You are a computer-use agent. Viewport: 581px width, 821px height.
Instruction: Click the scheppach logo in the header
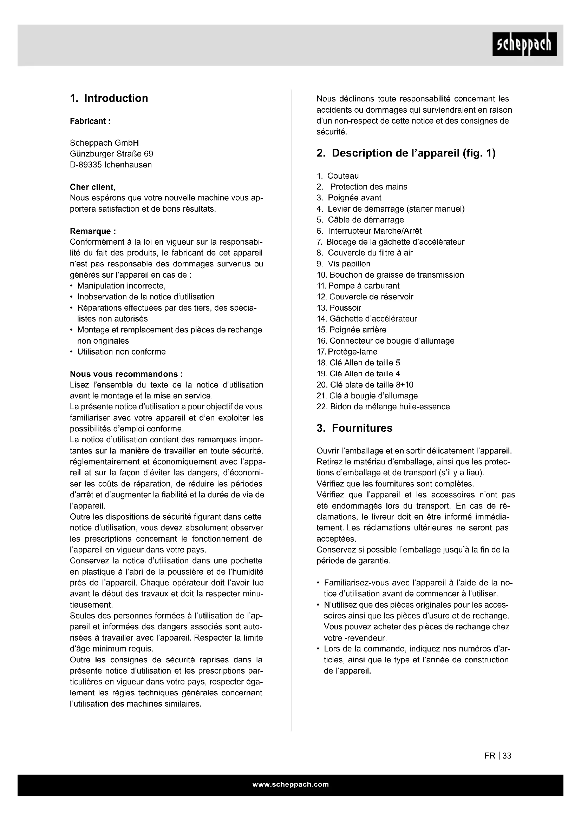point(524,44)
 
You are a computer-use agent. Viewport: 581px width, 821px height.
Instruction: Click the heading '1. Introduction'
point(109,98)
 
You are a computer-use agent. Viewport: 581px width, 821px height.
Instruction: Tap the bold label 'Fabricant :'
point(90,121)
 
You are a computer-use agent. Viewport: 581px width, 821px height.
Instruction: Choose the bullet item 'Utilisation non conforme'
point(121,352)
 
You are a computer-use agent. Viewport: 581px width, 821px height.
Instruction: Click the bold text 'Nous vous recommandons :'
point(126,374)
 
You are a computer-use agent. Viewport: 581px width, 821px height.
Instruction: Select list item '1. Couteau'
point(338,176)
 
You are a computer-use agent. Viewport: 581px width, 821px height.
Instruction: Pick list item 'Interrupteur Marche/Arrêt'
point(374,231)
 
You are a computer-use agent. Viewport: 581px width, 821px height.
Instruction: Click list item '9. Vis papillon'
point(344,264)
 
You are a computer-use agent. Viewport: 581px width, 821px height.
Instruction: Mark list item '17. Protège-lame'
point(347,352)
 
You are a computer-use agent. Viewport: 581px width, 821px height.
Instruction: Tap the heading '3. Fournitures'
point(354,428)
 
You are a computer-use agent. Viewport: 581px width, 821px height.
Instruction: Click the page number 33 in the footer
point(507,756)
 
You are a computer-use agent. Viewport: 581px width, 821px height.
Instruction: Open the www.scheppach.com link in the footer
point(290,784)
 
